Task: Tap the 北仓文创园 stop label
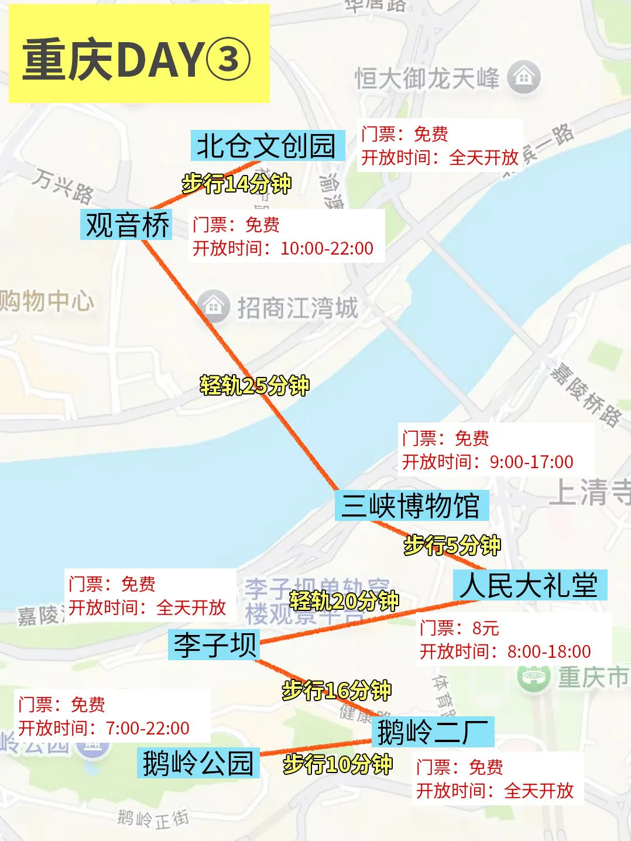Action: pos(266,146)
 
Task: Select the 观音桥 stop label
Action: pos(127,225)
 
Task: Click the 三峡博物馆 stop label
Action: pos(411,506)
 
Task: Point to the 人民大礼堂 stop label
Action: pos(529,585)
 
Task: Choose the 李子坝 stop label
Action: pos(214,644)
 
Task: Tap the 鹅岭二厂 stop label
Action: pos(433,732)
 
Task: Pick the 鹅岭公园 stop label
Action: pos(198,763)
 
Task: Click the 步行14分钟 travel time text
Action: pos(236,184)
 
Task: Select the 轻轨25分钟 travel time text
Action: pos(255,386)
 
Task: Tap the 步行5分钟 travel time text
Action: pos(452,545)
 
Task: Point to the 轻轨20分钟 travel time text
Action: pos(344,600)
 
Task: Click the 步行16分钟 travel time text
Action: pos(337,691)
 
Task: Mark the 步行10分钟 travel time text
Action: pos(338,764)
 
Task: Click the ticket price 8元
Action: pos(485,629)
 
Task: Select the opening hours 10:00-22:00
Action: pos(327,248)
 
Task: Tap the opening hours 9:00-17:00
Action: pos(531,462)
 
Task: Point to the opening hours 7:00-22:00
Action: pos(148,728)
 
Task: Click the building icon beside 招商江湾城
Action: pos(214,305)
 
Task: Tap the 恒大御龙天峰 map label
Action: pos(427,78)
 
